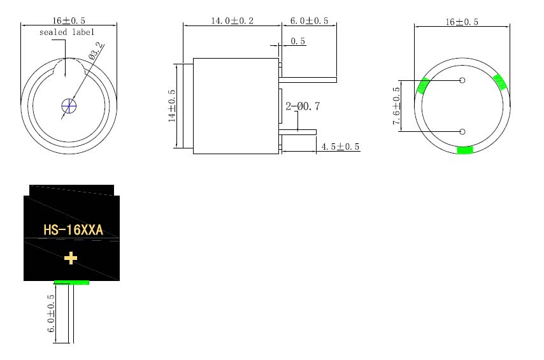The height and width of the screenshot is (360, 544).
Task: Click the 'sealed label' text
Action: point(67,32)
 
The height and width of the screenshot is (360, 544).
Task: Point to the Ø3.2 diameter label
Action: point(96,51)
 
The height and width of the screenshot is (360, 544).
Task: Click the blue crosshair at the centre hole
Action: point(69,106)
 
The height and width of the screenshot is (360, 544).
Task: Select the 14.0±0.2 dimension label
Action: point(232,21)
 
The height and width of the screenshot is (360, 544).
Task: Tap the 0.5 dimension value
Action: point(297,41)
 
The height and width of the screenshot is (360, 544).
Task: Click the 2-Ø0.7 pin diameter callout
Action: point(303,106)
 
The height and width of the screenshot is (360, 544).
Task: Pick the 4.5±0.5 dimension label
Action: point(340,147)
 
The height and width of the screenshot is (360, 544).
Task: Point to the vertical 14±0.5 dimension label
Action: point(172,106)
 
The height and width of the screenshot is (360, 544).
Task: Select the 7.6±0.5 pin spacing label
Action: point(396,106)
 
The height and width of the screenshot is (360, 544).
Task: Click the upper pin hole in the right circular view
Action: point(462,80)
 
